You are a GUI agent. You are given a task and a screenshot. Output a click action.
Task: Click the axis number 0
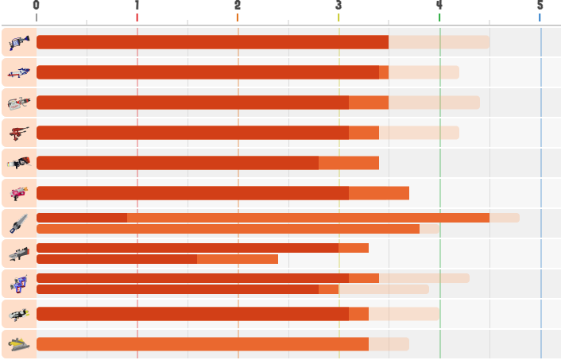(x=36, y=5)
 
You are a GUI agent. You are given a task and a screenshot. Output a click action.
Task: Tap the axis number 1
(x=137, y=5)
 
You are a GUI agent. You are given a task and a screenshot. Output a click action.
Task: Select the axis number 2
(x=238, y=5)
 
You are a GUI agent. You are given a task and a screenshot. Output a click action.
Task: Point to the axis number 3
(x=339, y=5)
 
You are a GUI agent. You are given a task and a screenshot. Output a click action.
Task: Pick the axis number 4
(x=439, y=5)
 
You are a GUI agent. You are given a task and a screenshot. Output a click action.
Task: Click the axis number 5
(x=540, y=5)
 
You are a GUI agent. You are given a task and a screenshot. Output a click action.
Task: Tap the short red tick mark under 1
(x=137, y=17)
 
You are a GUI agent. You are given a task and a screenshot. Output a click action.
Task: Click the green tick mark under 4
(x=439, y=17)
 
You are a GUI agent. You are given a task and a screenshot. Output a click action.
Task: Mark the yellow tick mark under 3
(x=339, y=17)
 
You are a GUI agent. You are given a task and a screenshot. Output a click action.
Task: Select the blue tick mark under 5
(x=540, y=17)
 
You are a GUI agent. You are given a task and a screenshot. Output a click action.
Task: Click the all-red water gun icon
(x=19, y=134)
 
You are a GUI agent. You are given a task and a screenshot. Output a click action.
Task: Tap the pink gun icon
(x=19, y=193)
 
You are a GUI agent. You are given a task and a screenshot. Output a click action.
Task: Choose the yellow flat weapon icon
(x=19, y=344)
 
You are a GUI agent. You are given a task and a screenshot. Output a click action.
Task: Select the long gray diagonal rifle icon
(x=19, y=223)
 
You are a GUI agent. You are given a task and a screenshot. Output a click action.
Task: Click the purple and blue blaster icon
(x=19, y=285)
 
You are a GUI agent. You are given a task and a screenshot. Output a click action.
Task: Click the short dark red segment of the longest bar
(x=82, y=218)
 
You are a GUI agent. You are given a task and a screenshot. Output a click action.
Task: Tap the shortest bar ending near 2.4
(x=157, y=259)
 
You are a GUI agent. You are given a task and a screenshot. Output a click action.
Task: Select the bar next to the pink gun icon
(x=223, y=193)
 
